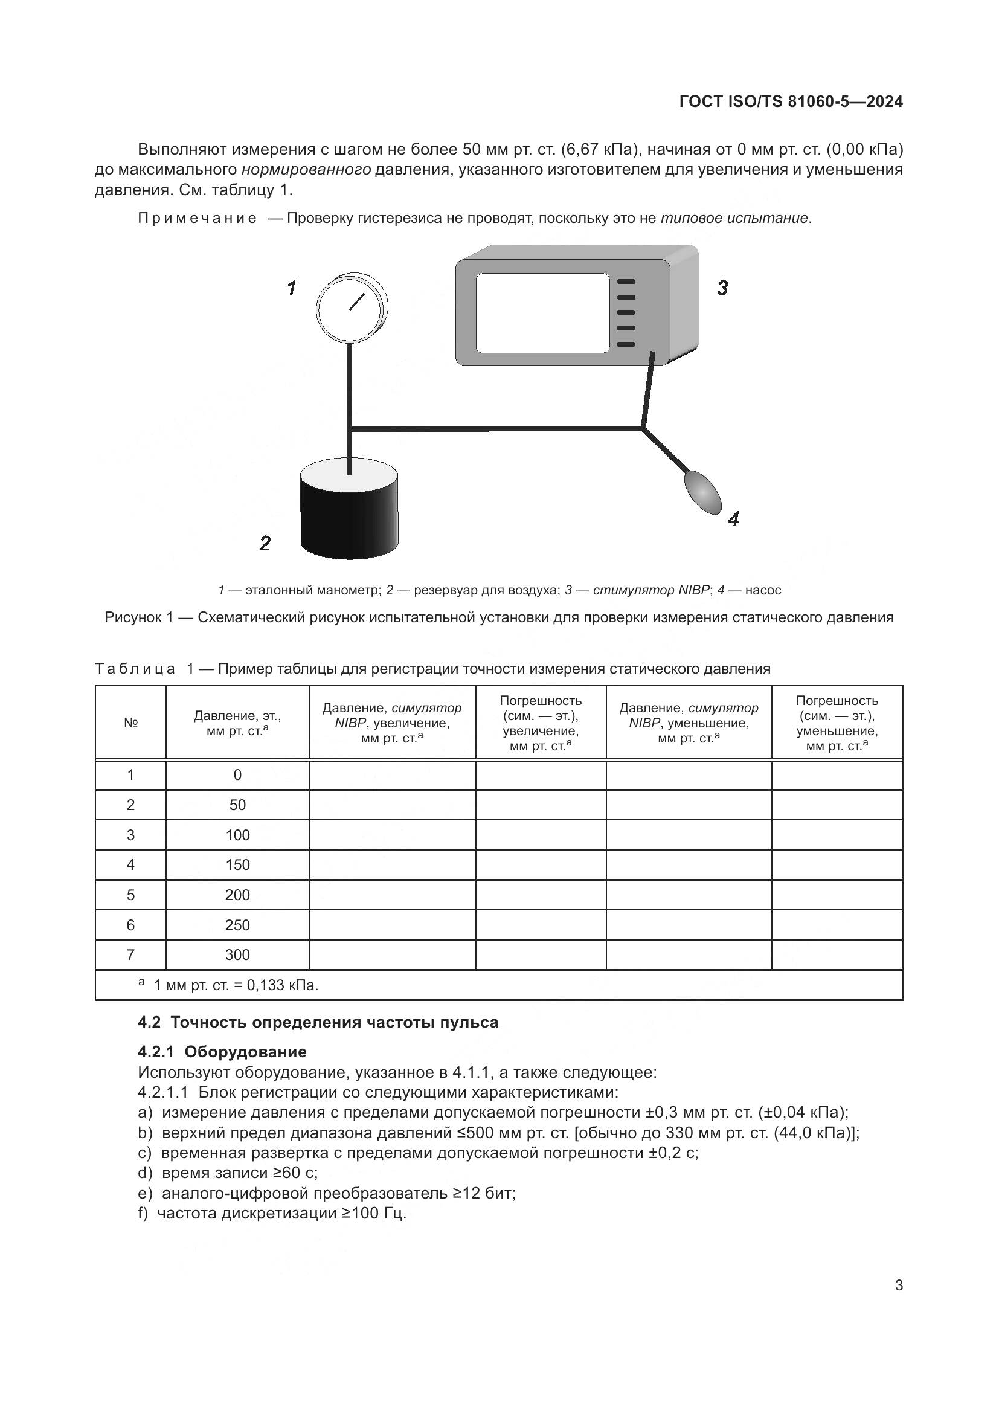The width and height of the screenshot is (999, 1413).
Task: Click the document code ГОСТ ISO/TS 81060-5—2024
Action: click(791, 101)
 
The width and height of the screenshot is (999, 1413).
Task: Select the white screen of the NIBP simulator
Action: click(542, 314)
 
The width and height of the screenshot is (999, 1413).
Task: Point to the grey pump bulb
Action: click(702, 492)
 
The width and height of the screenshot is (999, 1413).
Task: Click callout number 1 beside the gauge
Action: click(292, 288)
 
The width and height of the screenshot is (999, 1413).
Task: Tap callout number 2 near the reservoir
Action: click(265, 544)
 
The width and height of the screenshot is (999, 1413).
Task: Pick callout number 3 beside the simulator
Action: click(722, 288)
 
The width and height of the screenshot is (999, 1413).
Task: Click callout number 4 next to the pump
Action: click(733, 520)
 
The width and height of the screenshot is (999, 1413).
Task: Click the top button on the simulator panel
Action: click(626, 282)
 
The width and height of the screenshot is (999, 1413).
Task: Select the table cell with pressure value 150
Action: click(237, 864)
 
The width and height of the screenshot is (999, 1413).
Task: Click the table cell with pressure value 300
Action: click(237, 954)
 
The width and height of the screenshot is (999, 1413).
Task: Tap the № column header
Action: click(130, 723)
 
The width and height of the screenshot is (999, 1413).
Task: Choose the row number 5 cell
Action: click(130, 895)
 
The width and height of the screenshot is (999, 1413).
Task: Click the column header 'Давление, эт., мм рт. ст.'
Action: click(237, 723)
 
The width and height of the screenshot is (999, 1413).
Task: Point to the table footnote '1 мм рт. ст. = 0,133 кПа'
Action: click(235, 985)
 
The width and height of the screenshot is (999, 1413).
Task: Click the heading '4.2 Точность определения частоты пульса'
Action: click(318, 1022)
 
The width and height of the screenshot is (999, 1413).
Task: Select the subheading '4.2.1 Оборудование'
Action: click(222, 1051)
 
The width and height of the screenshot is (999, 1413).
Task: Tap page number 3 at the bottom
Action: click(899, 1285)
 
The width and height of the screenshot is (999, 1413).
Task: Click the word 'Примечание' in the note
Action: click(197, 219)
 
